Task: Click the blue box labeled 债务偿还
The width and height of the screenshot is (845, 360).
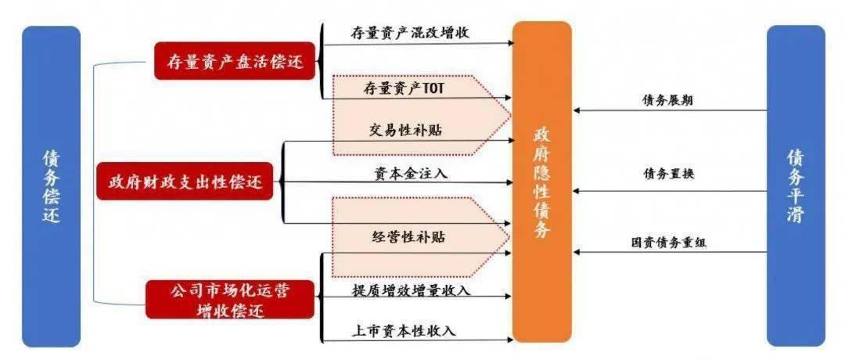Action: tap(51, 186)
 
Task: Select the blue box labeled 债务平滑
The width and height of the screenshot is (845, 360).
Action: tap(795, 186)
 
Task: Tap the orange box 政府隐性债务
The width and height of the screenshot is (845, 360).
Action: tap(542, 182)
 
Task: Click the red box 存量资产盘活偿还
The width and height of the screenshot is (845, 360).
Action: tap(236, 59)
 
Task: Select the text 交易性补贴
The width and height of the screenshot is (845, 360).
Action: tap(405, 130)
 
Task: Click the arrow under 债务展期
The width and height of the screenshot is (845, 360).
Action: tap(670, 111)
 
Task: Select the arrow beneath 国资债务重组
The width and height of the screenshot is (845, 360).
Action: tap(670, 252)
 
